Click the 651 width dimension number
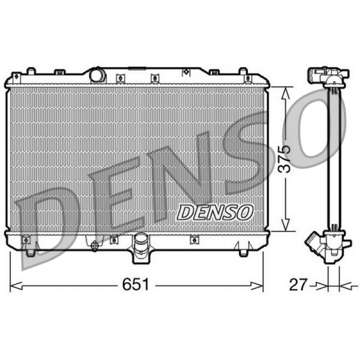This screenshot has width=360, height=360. click(x=136, y=284)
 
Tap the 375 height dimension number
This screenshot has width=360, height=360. click(x=284, y=159)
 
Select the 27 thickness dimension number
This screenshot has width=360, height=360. click(x=298, y=284)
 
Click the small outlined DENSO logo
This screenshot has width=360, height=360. click(x=215, y=212)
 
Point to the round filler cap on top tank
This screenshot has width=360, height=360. click(x=98, y=75)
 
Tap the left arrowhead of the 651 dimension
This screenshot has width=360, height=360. click(x=17, y=286)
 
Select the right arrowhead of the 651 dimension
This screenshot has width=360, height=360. click(x=256, y=286)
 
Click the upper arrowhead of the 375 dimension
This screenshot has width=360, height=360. click(x=285, y=94)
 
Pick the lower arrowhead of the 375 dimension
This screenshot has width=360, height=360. click(x=285, y=224)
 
